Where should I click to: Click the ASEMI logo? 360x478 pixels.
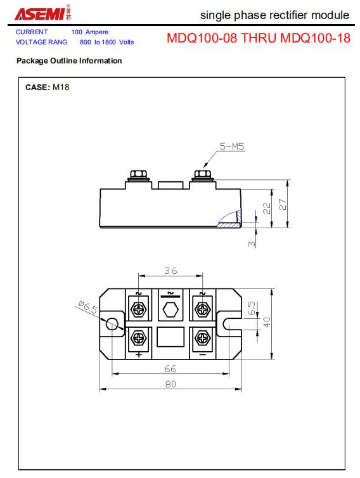[x=42, y=13]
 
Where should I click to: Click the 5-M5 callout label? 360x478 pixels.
[x=232, y=146]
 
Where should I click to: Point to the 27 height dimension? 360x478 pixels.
[x=283, y=204]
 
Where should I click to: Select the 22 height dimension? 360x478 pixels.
[x=267, y=209]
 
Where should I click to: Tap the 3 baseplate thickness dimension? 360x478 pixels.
[x=251, y=244]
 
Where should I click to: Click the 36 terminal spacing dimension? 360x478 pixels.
[x=170, y=271]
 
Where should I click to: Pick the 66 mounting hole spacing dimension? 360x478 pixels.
[x=170, y=369]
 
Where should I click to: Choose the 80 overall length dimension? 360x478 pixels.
[x=170, y=384]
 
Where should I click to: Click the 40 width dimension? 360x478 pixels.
[x=266, y=322]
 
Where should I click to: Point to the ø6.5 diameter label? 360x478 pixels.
[x=87, y=307]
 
